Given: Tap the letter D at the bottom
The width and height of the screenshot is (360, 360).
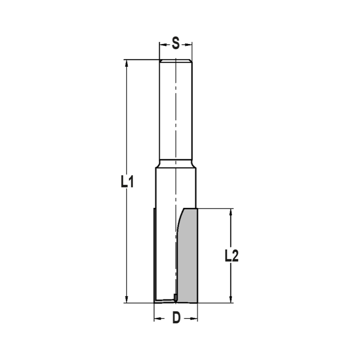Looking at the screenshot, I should click(176, 318).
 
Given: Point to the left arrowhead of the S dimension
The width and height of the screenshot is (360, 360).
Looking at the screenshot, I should click(162, 45).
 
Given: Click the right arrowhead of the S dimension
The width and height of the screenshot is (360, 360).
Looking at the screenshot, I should click(189, 45).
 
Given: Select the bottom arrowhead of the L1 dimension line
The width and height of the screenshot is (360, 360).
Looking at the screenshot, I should click(126, 299).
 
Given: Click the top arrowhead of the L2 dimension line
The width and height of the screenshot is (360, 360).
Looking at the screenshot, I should click(231, 212).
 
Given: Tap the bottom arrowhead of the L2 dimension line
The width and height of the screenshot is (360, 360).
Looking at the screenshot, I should click(231, 299).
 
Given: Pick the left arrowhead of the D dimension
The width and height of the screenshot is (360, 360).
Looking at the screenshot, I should click(157, 319).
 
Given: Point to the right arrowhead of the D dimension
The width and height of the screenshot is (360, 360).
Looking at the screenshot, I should click(195, 319).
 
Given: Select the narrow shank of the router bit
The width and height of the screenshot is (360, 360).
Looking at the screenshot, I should click(176, 108).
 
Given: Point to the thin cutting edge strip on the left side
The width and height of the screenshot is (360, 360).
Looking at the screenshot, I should click(154, 252).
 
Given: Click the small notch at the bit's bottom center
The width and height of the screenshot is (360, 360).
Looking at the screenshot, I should click(175, 297).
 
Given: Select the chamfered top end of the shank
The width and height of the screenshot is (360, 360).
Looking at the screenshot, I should click(176, 60).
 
